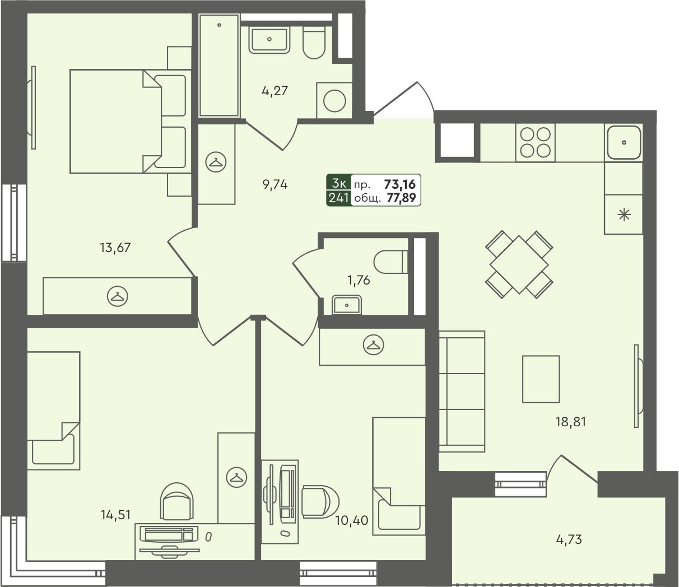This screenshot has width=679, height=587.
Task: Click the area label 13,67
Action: point(115,248)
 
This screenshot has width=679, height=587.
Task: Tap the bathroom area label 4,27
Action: point(275,91)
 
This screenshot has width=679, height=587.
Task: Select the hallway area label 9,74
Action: point(275,185)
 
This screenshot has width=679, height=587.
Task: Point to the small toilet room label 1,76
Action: point(359,280)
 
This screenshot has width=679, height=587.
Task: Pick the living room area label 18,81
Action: point(571,422)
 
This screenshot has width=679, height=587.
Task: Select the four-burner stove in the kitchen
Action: point(535,143)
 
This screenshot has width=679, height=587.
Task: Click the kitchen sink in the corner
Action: point(624,143)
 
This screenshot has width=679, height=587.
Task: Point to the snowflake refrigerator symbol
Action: point(624,215)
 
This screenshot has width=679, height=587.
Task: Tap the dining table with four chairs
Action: point(519,264)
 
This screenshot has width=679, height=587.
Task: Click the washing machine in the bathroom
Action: point(334,100)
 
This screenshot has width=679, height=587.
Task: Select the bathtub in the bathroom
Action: point(219,66)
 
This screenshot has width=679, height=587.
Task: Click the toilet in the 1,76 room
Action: point(391,262)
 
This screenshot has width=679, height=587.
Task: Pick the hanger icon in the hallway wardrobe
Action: point(216,162)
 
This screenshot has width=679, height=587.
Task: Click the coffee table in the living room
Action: point(541,379)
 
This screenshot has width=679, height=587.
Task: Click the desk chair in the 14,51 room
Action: point(176,501)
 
